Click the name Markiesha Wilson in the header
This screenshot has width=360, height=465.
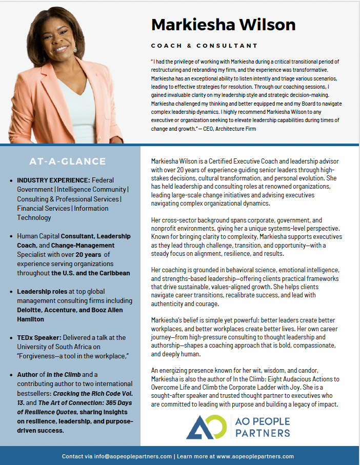tap(223, 24)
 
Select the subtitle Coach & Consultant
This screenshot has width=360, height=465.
tap(204, 46)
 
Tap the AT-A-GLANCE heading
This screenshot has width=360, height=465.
tap(67, 161)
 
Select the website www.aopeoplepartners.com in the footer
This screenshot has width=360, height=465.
tap(255, 456)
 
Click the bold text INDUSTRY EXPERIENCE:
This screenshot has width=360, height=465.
tap(53, 180)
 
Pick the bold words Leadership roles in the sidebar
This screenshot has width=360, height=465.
tap(41, 291)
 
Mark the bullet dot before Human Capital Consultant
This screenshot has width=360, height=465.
tap(11, 236)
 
